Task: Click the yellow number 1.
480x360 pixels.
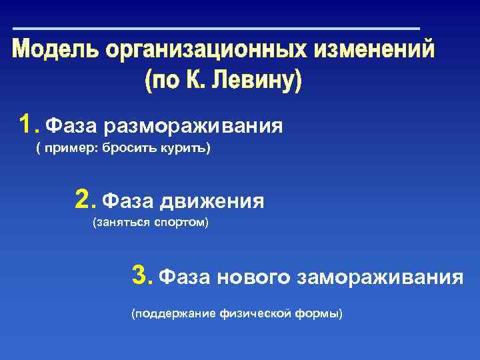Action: coord(27,124)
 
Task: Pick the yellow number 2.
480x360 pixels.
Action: coord(83,199)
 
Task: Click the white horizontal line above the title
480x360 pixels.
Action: coord(217,29)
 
